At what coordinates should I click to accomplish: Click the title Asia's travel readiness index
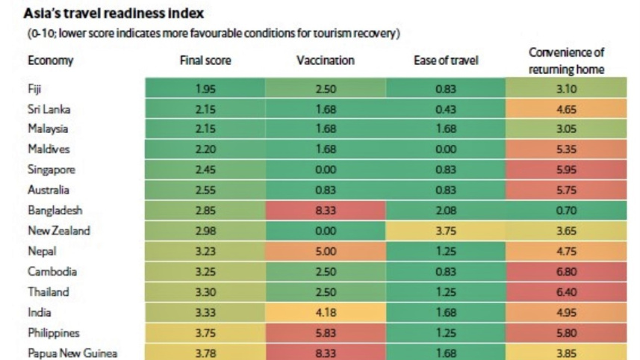point(114,14)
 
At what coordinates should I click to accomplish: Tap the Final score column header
point(205,60)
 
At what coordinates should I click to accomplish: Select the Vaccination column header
point(325,60)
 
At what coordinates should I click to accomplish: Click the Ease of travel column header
point(445,60)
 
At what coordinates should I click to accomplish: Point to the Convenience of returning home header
point(566,60)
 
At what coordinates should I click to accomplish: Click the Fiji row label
point(34,89)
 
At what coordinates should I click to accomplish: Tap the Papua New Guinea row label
point(72,353)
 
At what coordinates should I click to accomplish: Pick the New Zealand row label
point(59,231)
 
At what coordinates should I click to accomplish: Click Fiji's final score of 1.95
point(205,89)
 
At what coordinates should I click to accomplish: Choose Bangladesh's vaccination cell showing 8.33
point(325,211)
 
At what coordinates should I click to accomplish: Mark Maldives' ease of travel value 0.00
point(445,149)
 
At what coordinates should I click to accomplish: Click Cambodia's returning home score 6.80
point(566,271)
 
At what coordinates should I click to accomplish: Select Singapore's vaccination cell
point(325,170)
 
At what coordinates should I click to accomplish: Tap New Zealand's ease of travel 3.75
point(445,231)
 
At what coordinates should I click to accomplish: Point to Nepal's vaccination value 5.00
point(325,251)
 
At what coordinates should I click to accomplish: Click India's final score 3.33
point(205,312)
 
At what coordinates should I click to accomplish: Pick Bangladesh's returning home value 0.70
point(566,211)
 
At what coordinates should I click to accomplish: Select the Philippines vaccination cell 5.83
point(325,332)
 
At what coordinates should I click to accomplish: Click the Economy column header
point(51,60)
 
